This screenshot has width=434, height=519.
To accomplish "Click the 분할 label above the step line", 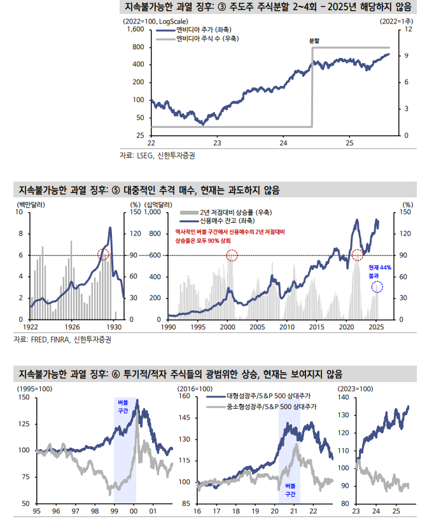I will [314, 41].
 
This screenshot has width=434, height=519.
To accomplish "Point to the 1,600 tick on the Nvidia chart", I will [136, 30].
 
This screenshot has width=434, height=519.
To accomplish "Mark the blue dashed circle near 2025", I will [377, 287].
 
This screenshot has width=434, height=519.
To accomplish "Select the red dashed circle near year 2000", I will [232, 255].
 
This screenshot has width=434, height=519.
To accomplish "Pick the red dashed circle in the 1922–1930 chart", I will [104, 254].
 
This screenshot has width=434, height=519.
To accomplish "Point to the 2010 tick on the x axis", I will [287, 327].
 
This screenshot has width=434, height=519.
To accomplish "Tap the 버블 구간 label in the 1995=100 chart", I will [123, 407].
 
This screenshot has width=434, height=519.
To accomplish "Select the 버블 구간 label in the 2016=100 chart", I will [290, 490].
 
